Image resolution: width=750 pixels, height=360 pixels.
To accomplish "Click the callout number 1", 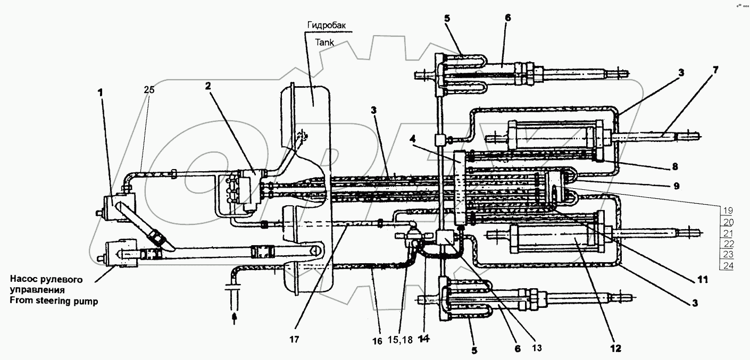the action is [x=101, y=93].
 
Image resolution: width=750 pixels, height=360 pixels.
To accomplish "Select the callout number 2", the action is [x=209, y=86].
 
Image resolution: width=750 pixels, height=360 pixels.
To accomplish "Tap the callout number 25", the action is [x=149, y=89].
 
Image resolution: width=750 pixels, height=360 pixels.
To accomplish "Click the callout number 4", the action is [x=413, y=138].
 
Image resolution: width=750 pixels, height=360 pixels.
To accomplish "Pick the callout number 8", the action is [x=674, y=166].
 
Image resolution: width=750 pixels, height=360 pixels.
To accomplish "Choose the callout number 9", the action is [x=677, y=186].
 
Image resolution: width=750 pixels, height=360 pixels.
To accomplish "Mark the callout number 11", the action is [x=702, y=279].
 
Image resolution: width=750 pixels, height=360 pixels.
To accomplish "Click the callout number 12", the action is [x=616, y=349].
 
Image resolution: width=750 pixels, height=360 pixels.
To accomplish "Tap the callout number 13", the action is [x=537, y=348].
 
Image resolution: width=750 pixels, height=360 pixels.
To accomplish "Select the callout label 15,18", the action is [x=401, y=340].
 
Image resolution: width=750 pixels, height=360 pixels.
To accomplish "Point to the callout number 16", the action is [x=377, y=341].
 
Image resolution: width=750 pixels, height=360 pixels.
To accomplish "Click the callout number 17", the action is [x=294, y=340].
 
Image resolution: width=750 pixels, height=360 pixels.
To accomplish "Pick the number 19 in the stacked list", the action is [x=728, y=211].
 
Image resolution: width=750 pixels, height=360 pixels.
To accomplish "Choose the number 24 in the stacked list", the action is [x=728, y=266].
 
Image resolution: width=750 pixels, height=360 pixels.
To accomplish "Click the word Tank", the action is [x=324, y=43].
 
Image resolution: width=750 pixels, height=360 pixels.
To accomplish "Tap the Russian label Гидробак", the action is [x=326, y=25].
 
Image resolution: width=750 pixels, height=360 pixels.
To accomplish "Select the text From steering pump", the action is [x=54, y=301].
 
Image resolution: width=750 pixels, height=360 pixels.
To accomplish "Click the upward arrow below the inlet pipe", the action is [x=235, y=319].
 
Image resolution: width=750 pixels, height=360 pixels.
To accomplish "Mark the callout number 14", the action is [x=423, y=339].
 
